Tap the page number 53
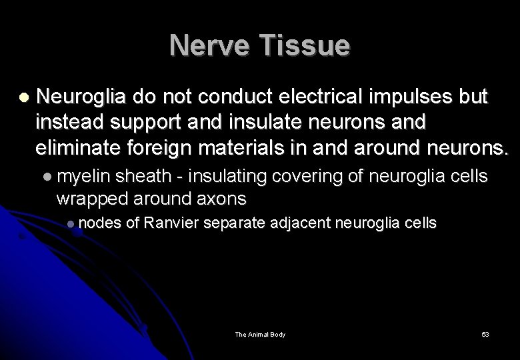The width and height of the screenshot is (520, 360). [485, 334]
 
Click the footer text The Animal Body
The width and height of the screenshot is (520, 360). [260, 334]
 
